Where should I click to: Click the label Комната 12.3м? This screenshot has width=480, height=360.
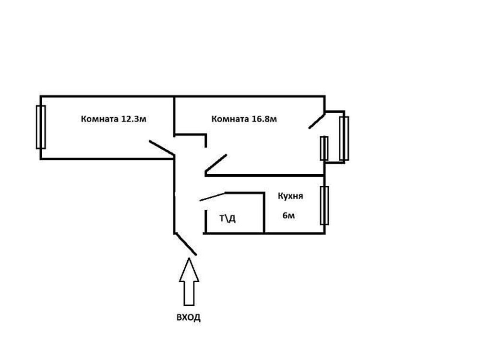[114, 120]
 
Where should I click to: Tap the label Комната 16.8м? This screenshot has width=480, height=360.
[244, 119]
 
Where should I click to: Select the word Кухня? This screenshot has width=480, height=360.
[290, 196]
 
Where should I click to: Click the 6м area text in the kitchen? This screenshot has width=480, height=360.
[288, 216]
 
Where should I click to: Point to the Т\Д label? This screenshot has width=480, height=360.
[228, 219]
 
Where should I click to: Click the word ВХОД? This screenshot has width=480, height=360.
[188, 317]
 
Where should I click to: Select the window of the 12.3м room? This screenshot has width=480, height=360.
[41, 127]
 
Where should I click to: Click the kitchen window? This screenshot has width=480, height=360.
[324, 205]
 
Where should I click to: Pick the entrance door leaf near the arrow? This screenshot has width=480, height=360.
[186, 244]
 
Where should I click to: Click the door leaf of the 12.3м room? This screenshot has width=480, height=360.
[162, 148]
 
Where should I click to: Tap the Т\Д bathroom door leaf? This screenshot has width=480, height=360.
[213, 197]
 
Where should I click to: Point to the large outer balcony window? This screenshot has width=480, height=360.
[344, 138]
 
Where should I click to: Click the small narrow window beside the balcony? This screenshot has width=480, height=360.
[324, 148]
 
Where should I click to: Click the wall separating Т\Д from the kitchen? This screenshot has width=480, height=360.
[264, 213]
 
